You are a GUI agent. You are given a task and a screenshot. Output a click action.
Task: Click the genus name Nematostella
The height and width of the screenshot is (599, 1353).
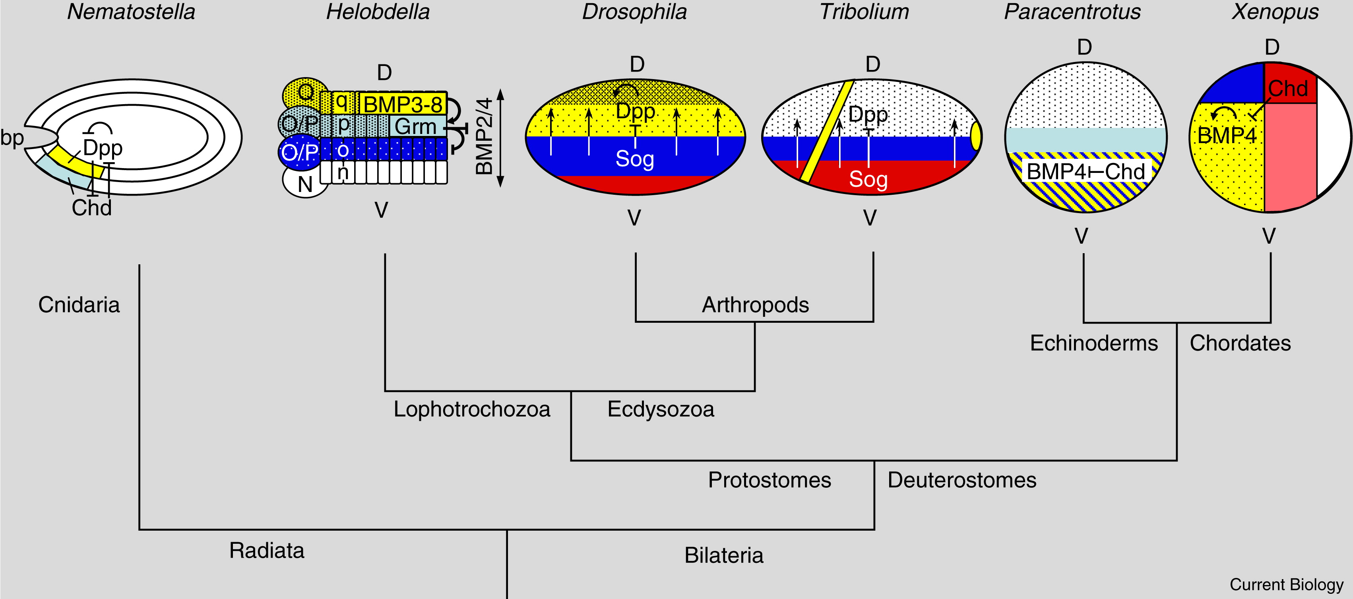point(131,12)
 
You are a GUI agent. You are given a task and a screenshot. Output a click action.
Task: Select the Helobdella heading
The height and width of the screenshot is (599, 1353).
point(378,12)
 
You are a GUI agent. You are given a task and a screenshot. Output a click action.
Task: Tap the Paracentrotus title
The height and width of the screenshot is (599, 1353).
point(1072,12)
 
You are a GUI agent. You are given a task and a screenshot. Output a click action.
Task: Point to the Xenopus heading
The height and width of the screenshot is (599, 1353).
point(1275,12)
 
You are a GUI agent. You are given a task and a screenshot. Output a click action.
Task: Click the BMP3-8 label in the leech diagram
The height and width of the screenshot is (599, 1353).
point(403,105)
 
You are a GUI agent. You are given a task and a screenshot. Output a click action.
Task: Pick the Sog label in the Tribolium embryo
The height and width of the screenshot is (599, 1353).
point(868,179)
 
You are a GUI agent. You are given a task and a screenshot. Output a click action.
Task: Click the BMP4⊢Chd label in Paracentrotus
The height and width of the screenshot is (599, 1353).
point(1086,171)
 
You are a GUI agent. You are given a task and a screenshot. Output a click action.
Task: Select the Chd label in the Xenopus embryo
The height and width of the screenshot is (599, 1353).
point(1288,88)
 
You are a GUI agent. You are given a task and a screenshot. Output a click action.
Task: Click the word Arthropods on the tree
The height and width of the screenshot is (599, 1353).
point(755,305)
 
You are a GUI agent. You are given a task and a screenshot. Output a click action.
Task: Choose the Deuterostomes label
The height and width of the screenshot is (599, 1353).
point(962,480)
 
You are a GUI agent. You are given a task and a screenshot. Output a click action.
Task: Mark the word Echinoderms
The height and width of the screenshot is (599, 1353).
point(1093,343)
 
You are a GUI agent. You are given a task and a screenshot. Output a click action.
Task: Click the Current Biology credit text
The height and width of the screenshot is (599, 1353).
point(1286,584)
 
